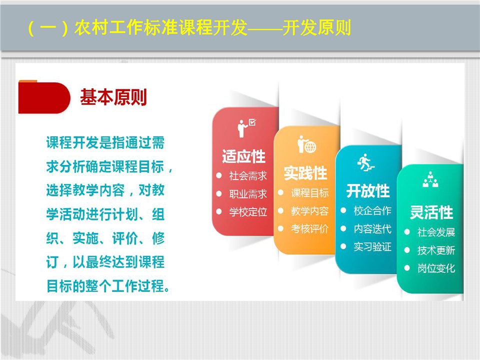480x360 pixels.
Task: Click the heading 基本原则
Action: point(113,97)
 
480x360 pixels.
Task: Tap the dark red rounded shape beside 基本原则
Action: point(44,97)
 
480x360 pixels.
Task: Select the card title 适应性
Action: point(243,156)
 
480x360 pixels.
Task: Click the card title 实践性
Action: point(305,173)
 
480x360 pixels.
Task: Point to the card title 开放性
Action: point(368,191)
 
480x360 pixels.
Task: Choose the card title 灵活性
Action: point(431,212)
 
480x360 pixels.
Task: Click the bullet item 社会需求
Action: point(248,175)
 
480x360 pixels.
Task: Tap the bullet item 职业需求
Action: point(248,194)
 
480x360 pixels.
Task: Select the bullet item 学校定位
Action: point(248,212)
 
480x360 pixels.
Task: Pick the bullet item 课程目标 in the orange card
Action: point(310,193)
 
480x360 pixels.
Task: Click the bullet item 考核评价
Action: point(310,228)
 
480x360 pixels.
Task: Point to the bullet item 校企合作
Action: point(372,210)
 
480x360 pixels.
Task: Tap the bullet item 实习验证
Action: point(372,246)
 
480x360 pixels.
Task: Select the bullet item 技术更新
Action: point(436,250)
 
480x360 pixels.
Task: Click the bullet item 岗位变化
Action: point(436,268)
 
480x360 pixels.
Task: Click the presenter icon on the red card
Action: point(246,128)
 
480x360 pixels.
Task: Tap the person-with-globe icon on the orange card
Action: point(306,144)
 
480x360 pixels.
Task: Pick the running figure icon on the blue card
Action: point(365,162)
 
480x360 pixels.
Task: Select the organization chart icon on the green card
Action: point(430,179)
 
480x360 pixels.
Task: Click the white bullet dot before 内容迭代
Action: point(343,228)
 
